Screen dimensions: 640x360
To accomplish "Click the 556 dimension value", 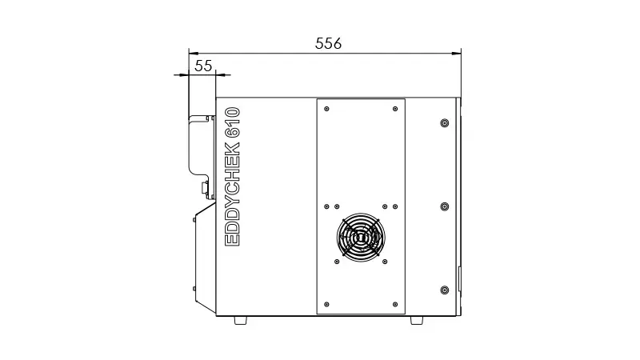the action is pos(328,43).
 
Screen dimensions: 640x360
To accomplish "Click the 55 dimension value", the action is pos(203,66).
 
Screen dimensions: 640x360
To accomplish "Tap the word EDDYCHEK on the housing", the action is pos(233,194).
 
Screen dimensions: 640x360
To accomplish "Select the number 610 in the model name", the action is pos(233,122).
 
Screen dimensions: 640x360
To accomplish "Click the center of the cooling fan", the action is pos(361,237).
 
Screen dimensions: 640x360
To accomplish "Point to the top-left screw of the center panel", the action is pos(326,109).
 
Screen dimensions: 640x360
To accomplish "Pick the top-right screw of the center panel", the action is pos(395,109).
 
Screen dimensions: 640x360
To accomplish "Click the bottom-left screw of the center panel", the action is pos(326,305).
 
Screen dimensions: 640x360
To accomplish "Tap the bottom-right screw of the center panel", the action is pos(395,305).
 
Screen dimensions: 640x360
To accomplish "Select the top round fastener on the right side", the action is pos(445,123).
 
